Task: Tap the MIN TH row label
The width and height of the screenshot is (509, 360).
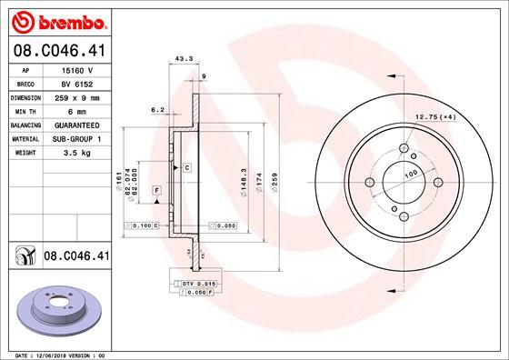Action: (24, 111)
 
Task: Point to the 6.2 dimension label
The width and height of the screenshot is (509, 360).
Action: (156, 109)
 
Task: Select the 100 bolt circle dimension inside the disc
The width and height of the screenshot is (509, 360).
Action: (410, 174)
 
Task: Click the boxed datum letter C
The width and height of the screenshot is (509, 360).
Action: (186, 168)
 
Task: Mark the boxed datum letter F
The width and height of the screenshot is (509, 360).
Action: (156, 188)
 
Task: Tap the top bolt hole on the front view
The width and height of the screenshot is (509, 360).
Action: (403, 148)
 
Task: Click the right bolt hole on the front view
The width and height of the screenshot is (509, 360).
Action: (438, 183)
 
